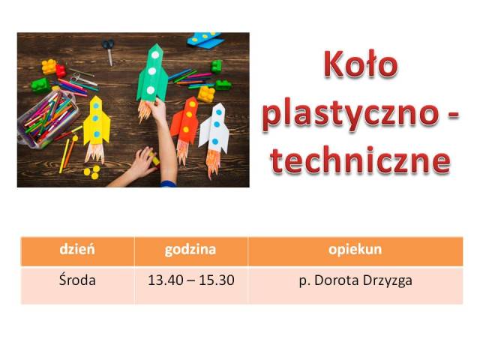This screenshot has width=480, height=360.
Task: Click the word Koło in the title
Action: pos(361,65)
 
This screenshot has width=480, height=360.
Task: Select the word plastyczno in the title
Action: pos(349,115)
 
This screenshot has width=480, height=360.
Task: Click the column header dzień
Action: pos(77,249)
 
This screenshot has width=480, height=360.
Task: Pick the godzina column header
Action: pos(190,250)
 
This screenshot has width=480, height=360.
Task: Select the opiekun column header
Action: pos(355,250)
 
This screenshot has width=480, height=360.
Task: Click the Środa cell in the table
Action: pos(77,280)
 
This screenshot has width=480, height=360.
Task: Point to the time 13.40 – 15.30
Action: pos(191,280)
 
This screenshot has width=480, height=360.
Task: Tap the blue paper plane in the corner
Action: pos(205,40)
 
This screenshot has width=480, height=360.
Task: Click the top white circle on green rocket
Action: pos(155,55)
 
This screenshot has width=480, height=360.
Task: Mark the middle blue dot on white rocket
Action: pos(217,124)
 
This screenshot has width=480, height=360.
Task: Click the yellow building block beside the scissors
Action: pos(49,67)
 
